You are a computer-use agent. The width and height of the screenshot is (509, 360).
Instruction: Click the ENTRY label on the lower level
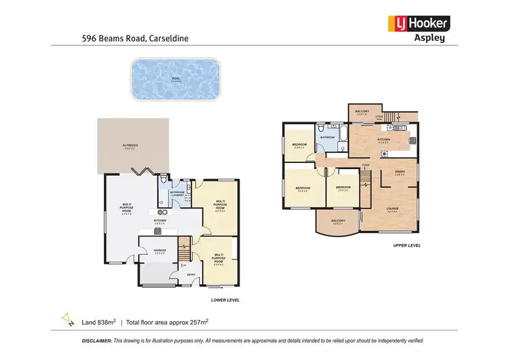(191, 274)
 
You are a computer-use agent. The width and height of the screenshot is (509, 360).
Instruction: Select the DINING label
(400, 172)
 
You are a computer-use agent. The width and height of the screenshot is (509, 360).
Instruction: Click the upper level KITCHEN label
(384, 140)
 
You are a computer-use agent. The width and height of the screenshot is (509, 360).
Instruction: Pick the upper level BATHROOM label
(328, 137)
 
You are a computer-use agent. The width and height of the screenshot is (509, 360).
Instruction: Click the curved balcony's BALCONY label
(338, 220)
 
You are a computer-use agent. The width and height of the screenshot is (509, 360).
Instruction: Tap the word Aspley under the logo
(430, 38)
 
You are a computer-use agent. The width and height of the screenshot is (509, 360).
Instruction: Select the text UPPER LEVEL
(407, 245)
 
